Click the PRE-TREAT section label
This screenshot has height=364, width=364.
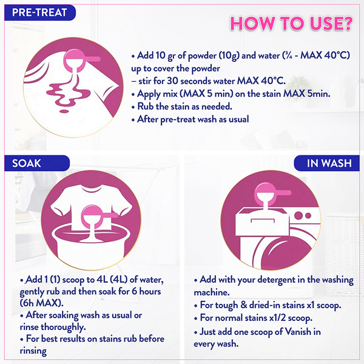click(39, 13)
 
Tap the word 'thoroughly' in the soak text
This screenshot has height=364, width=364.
click(63, 328)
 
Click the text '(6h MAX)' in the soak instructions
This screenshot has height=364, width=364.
click(41, 303)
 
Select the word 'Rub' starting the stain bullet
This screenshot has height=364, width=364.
click(146, 106)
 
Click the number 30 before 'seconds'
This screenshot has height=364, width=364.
click(172, 81)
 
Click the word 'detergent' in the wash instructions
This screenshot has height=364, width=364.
click(276, 280)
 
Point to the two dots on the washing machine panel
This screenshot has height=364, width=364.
click(303, 215)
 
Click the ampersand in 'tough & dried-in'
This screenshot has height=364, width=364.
click(243, 305)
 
